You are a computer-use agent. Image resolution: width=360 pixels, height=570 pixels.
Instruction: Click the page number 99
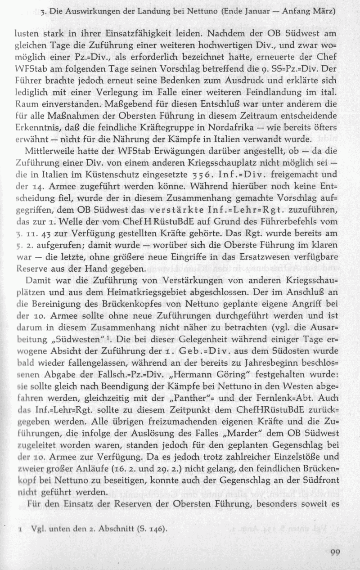click(334, 553)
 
